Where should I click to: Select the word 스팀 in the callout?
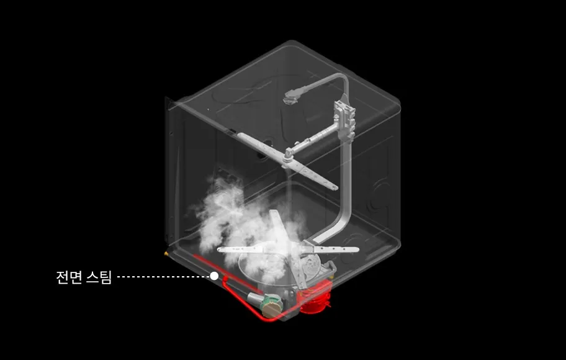99,277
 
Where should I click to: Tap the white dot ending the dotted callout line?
214,276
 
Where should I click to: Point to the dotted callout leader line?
164,277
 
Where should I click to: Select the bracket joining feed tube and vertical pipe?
344,119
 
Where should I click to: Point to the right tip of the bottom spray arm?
356,249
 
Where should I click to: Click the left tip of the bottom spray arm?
220,249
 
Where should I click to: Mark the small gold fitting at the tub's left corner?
167,254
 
